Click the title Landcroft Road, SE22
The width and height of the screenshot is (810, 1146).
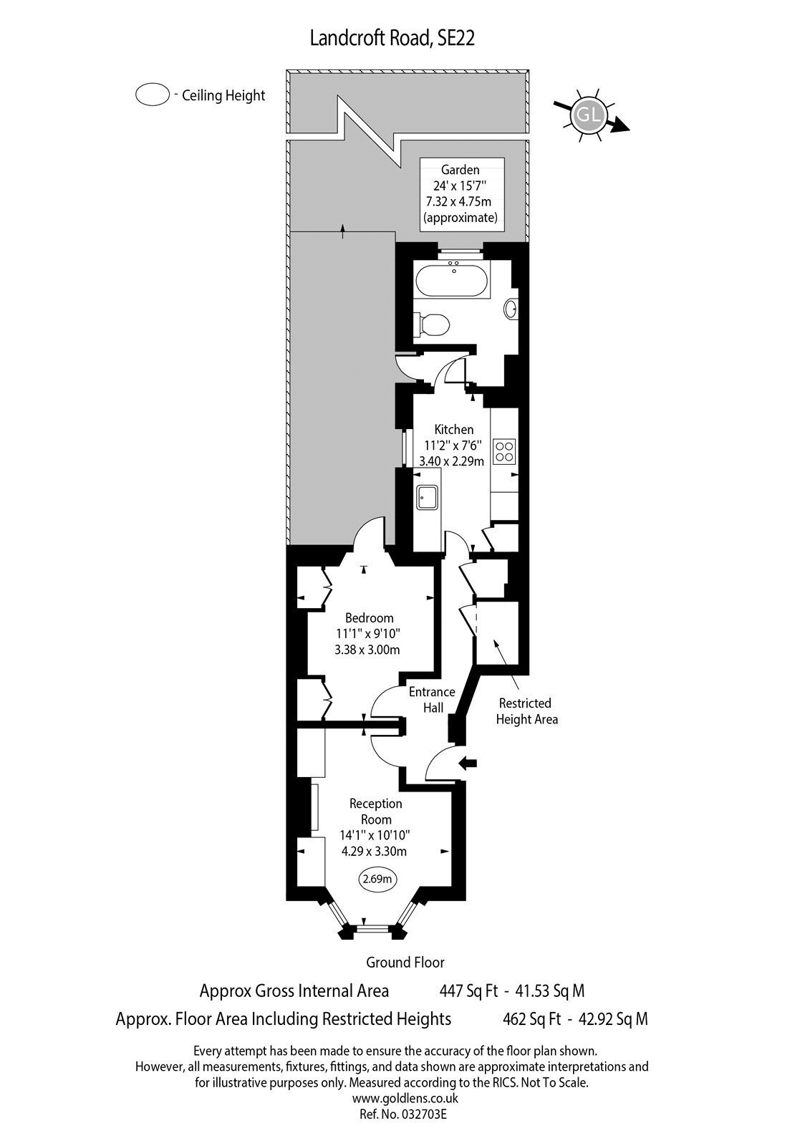click(392, 39)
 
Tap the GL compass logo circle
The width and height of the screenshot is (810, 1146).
click(587, 114)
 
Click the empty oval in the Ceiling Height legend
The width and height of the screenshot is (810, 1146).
click(152, 95)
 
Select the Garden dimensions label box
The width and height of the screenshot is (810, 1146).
click(461, 194)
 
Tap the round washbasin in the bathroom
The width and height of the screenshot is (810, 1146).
click(511, 309)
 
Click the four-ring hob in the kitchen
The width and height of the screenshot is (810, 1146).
click(504, 451)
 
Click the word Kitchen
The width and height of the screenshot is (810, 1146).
click(454, 429)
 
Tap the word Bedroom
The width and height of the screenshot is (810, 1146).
click(369, 617)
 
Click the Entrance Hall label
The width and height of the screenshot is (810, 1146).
click(432, 699)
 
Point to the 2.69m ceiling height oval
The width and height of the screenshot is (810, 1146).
click(377, 879)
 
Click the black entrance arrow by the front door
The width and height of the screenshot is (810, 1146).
click(468, 764)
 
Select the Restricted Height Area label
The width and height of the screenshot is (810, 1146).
click(526, 711)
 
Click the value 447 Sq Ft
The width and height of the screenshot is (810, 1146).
click(468, 991)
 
